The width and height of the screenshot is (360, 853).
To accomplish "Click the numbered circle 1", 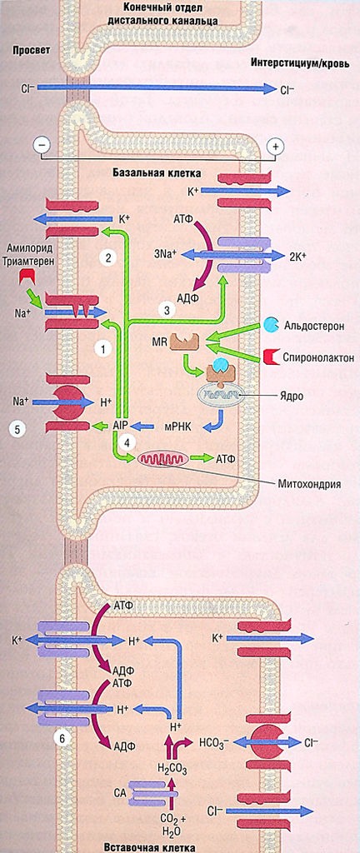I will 103,349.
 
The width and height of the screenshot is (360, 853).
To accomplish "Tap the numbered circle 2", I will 107,258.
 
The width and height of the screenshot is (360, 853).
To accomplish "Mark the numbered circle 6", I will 59,736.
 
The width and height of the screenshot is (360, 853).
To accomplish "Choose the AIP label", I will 121,425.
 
